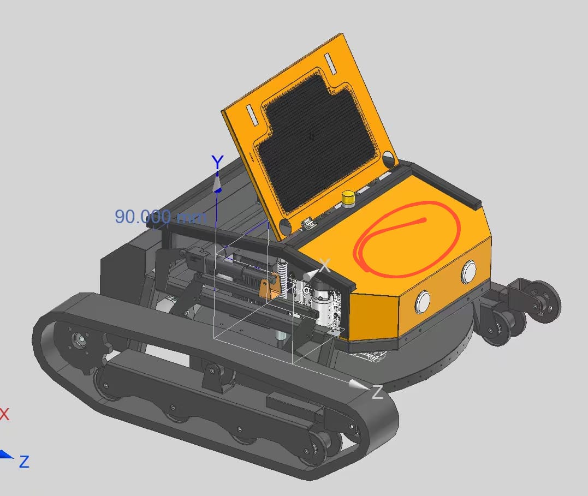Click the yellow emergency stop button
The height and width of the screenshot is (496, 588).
pyautogui.click(x=348, y=198)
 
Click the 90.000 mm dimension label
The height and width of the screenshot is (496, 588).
pyautogui.click(x=160, y=217)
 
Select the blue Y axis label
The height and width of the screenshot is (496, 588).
pyautogui.click(x=217, y=162)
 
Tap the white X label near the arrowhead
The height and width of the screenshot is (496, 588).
pyautogui.click(x=325, y=266)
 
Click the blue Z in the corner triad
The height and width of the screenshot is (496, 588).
pyautogui.click(x=23, y=462)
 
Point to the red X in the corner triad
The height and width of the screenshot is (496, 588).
pyautogui.click(x=4, y=414)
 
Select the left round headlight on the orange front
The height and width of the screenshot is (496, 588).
pyautogui.click(x=423, y=302)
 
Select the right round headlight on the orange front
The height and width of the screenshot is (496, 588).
pyautogui.click(x=469, y=272)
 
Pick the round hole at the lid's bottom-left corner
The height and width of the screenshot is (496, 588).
pyautogui.click(x=284, y=226)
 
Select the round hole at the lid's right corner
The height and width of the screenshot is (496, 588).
pyautogui.click(x=388, y=159)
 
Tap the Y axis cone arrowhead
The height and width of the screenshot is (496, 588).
pyautogui.click(x=217, y=182)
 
